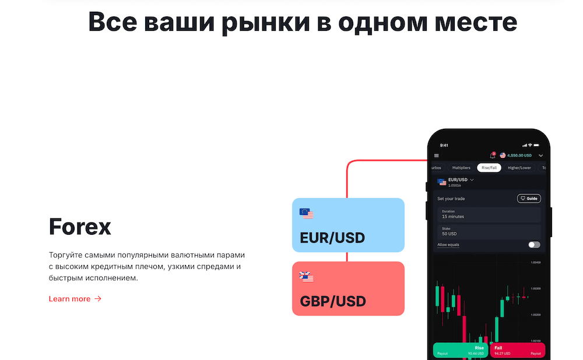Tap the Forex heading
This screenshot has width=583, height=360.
click(80, 227)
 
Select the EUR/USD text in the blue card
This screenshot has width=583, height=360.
click(332, 238)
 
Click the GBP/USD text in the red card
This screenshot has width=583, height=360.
click(332, 301)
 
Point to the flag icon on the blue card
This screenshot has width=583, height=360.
click(306, 214)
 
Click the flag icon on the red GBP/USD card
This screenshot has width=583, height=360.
click(306, 277)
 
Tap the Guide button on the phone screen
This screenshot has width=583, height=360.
click(529, 199)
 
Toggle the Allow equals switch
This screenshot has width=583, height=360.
click(534, 245)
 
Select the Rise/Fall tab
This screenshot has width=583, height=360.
click(489, 168)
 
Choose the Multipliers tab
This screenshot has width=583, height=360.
click(461, 168)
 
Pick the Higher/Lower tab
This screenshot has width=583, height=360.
click(519, 168)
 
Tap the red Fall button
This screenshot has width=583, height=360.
click(518, 350)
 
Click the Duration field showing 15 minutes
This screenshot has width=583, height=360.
click(489, 214)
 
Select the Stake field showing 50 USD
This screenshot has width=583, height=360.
click(489, 231)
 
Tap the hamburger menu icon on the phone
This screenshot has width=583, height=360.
click(437, 156)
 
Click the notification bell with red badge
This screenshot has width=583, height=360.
click(492, 156)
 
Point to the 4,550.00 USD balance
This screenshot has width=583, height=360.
click(519, 156)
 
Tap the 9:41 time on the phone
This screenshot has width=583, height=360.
click(444, 145)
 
